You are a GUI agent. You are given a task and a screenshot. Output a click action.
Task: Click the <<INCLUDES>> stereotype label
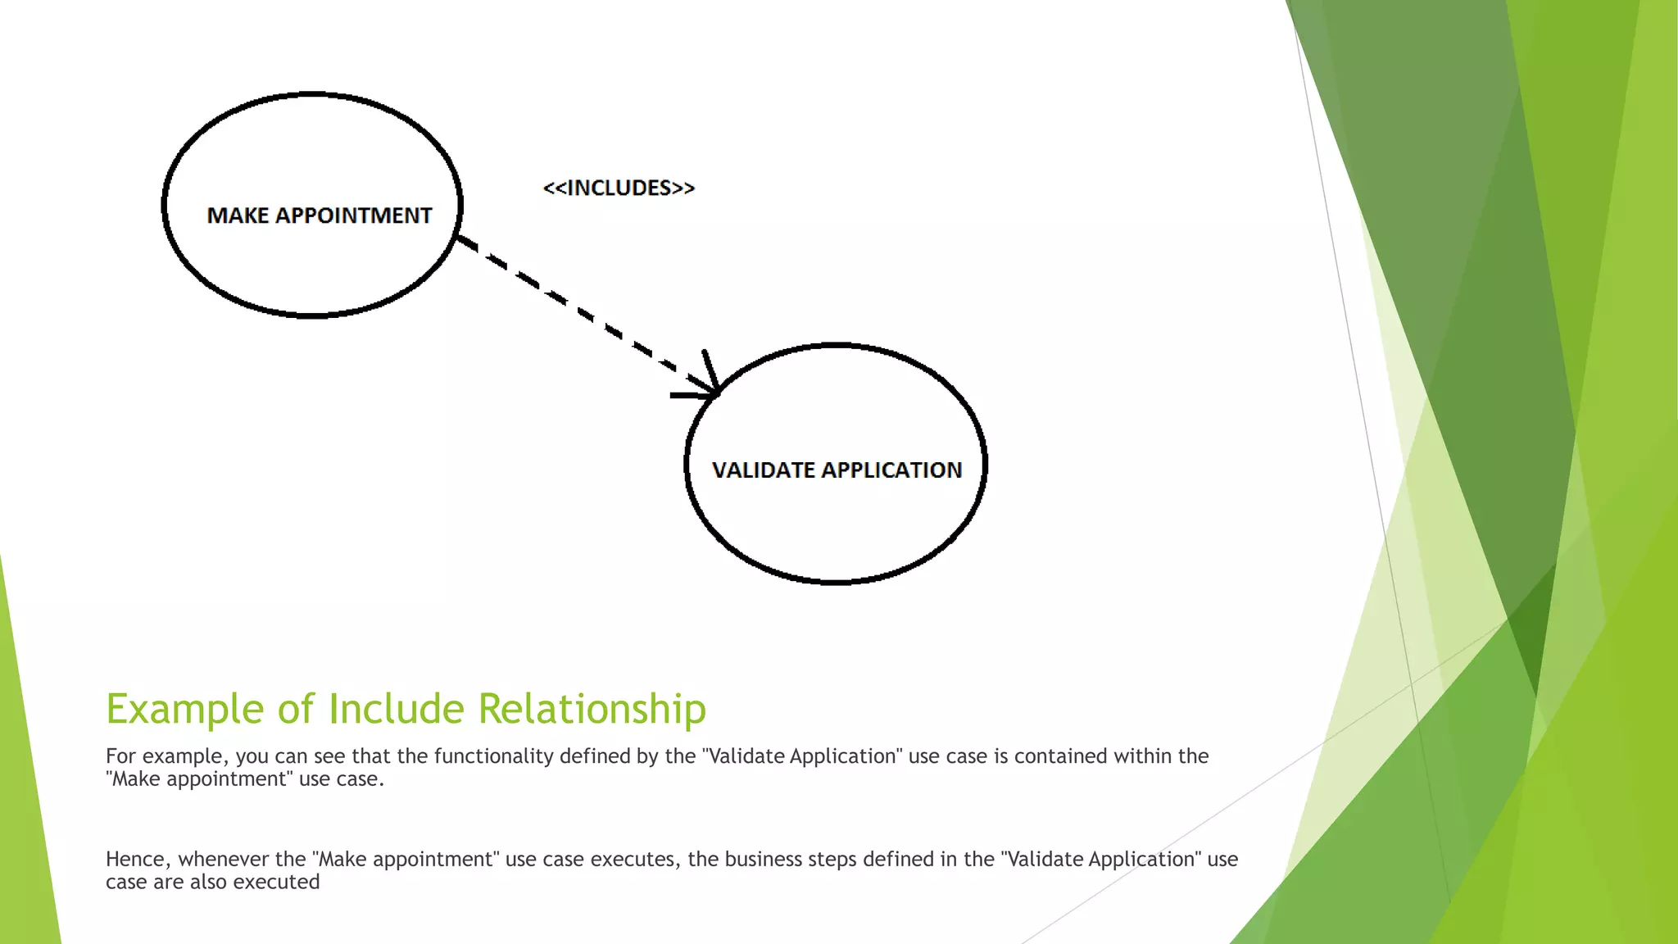[x=619, y=188]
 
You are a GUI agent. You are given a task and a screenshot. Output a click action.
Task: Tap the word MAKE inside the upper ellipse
[x=238, y=216]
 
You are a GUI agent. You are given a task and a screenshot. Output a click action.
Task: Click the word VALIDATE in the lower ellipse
[x=763, y=470]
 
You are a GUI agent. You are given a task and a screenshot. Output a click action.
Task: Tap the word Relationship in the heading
[x=592, y=710]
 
